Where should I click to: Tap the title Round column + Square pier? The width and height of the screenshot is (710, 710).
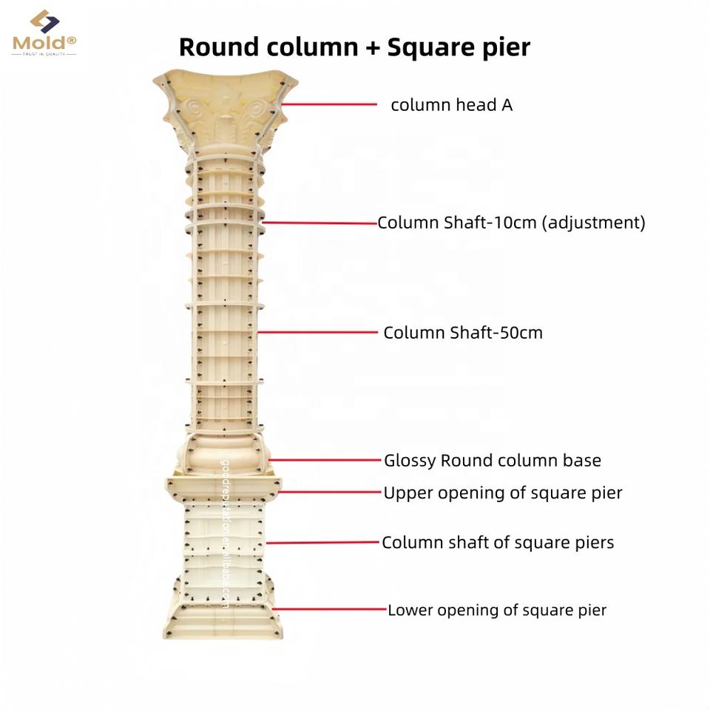tap(354, 47)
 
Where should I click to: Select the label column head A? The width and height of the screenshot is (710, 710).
tap(451, 105)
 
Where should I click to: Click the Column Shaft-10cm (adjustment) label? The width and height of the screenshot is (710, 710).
tap(511, 223)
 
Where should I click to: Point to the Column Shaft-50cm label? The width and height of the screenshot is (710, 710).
tap(462, 333)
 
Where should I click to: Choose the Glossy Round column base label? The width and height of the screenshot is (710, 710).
tap(492, 461)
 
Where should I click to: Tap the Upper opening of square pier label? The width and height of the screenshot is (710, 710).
tap(502, 493)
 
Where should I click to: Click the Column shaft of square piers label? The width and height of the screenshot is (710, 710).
tap(498, 543)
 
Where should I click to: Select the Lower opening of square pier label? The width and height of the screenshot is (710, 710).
tap(497, 610)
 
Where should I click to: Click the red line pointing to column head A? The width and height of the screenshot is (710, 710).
tap(329, 104)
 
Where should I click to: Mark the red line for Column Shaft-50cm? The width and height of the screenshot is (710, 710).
tap(318, 332)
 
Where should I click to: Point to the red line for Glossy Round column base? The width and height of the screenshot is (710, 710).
tap(325, 460)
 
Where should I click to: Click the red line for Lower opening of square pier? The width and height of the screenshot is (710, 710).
tap(330, 609)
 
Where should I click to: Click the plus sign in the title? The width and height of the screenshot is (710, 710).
tap(372, 47)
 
